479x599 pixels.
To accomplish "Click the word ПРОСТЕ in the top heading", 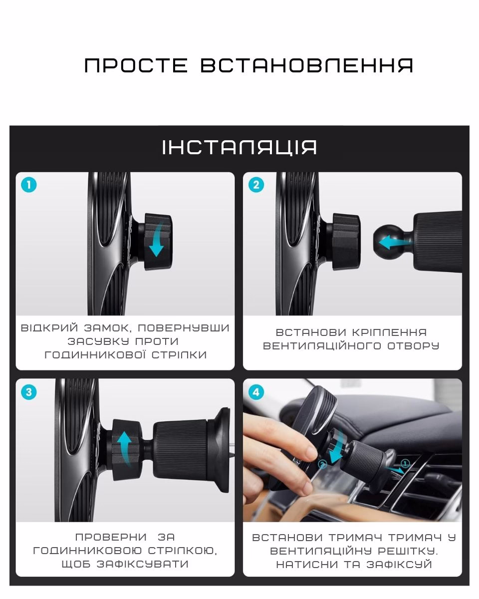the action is point(136,66).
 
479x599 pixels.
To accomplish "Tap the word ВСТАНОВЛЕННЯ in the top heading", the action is point(307,66).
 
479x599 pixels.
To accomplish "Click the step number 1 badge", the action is point(28,185).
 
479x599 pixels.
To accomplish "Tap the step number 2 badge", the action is point(256,185).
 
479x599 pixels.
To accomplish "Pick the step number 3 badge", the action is point(28,392).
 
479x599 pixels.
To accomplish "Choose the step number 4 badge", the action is point(256,392).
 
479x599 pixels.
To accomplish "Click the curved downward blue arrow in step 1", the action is point(158,241).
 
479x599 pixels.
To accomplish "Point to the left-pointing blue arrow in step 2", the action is point(395,242).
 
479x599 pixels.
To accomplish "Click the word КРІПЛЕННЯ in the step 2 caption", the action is point(389,332).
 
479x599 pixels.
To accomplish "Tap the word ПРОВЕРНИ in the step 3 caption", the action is point(111,537).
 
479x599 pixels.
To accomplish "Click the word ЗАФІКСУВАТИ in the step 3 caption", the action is point(143,564).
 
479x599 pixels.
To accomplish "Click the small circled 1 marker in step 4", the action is point(405,463).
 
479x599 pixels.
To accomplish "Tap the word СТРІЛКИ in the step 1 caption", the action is point(179,355).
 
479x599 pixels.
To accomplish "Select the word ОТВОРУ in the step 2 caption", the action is point(413,346).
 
